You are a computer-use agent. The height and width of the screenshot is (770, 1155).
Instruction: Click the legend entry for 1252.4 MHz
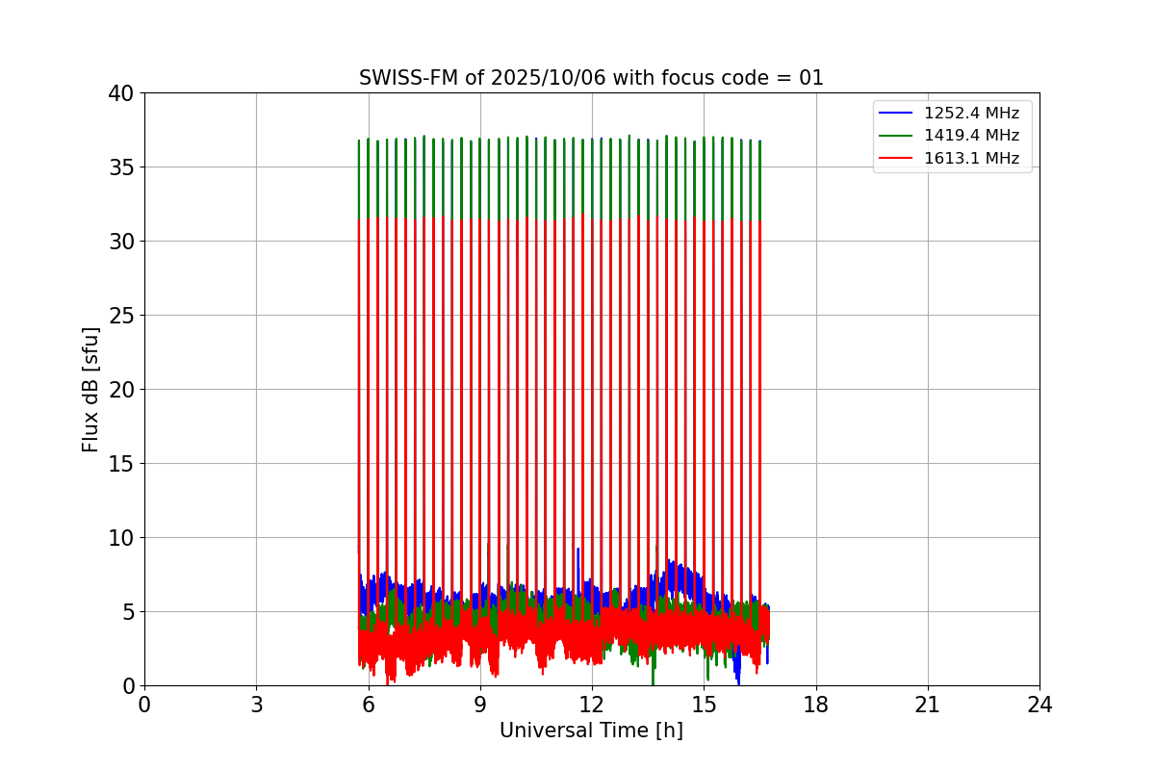pos(971,114)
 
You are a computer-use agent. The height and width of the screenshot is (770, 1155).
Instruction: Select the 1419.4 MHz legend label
pos(971,136)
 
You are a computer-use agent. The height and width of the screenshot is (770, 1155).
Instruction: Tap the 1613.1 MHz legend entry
pos(971,158)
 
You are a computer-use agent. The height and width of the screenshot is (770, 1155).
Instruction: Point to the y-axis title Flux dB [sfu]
pos(90,389)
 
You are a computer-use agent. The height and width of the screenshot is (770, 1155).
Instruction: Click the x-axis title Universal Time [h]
pos(591,731)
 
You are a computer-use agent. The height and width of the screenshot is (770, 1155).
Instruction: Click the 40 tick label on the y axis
pos(121,93)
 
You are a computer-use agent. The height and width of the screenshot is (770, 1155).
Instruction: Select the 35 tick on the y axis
pos(121,167)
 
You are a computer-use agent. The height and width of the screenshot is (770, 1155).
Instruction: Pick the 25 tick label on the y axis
pos(121,316)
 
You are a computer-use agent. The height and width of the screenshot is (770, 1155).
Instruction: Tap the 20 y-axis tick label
pos(121,390)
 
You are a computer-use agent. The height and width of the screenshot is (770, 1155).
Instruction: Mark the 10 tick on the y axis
pos(121,538)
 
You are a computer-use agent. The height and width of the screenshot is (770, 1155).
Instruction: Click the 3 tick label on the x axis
pos(256,705)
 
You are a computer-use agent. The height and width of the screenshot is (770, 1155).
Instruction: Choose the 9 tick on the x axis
pos(479,705)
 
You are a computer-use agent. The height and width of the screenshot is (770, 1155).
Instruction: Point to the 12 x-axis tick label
pos(591,705)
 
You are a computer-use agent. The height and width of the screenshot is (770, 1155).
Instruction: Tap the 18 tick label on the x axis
pos(815,705)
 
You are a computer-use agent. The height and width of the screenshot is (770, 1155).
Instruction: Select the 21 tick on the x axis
pos(927,705)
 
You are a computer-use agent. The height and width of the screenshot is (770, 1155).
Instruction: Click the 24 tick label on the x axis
pos(1039,705)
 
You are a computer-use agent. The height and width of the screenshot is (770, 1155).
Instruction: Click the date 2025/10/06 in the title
pos(547,78)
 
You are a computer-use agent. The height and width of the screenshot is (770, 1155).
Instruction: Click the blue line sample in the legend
pos(896,114)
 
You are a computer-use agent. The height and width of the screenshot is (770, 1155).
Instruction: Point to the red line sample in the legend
pos(896,158)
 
